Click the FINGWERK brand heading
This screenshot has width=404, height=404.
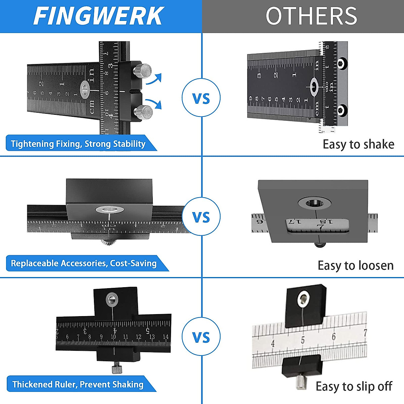click(x=98, y=16)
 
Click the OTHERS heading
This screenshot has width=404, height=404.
click(x=311, y=16)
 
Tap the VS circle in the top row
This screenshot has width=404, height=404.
click(x=201, y=98)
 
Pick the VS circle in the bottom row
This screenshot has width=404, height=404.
click(x=201, y=337)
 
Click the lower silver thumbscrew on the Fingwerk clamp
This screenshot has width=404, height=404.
click(x=143, y=112)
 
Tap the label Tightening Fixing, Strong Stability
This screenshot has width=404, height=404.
click(x=78, y=144)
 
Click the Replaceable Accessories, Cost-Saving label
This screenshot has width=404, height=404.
click(x=84, y=263)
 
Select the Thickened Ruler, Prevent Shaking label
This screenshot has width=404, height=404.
click(x=78, y=384)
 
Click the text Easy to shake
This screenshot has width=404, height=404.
click(x=358, y=144)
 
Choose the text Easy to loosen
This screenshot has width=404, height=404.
click(x=356, y=265)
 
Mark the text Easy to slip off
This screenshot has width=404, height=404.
click(x=354, y=386)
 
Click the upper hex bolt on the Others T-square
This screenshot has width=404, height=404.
click(x=342, y=63)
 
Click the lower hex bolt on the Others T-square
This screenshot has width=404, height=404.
click(x=342, y=109)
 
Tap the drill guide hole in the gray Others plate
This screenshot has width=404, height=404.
click(x=315, y=203)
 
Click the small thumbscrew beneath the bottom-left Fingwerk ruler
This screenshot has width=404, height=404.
click(x=116, y=368)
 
